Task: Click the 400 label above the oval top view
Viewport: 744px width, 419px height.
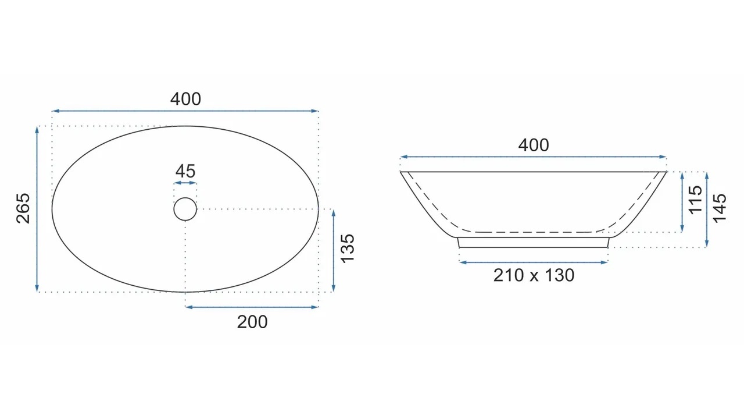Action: coord(185,99)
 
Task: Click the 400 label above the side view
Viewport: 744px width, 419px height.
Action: coord(534,145)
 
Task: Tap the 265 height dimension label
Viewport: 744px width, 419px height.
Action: coord(23,208)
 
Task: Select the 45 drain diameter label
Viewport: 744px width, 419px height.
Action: coord(185,171)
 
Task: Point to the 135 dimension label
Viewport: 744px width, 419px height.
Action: coord(348,248)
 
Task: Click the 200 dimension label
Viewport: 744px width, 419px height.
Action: coord(252,322)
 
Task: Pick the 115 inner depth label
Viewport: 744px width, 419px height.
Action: coord(695,200)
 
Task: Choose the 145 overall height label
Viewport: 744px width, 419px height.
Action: coord(720,208)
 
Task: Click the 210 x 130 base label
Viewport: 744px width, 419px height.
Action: coord(534,275)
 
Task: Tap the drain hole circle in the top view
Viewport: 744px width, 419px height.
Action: coord(185,198)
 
